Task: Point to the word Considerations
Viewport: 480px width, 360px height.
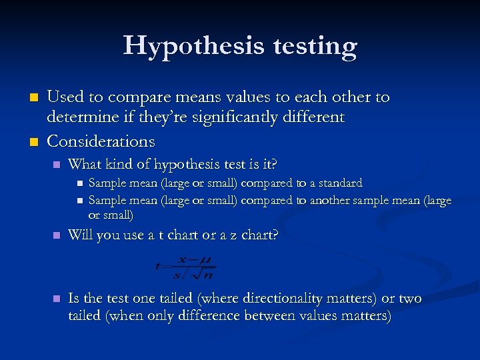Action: point(101,141)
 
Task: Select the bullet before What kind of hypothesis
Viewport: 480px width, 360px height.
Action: point(57,165)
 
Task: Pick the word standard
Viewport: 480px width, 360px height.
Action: point(341,183)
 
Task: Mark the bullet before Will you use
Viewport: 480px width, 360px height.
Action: point(57,235)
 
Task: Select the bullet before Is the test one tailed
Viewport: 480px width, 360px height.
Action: point(57,299)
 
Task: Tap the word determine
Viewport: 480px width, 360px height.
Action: point(79,117)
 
